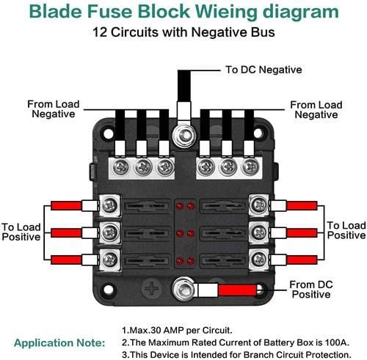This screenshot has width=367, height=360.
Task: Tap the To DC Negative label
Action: coord(264,70)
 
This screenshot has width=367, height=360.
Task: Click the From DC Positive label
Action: coord(311,290)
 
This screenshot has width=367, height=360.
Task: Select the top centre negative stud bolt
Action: coord(184,136)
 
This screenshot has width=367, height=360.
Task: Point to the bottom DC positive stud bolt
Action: coord(183,289)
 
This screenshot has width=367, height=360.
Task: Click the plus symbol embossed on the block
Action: coord(152,288)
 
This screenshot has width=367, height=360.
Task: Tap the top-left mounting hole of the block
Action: coord(109,133)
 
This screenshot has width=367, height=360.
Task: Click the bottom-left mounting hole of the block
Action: coord(109,290)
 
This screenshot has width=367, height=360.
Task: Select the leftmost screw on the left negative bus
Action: coord(121,167)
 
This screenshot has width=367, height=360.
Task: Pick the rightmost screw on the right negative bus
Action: coord(250,167)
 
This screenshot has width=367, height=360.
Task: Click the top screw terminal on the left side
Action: coord(110,205)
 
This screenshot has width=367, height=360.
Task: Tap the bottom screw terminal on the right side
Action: coord(259,260)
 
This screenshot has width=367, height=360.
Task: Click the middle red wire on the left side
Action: coord(66,233)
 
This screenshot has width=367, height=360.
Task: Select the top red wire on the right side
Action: coord(302,206)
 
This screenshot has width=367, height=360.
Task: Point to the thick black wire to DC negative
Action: coord(184,86)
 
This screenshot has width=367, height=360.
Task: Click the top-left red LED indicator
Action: coord(180,206)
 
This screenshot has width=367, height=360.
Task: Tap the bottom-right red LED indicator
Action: coord(191,261)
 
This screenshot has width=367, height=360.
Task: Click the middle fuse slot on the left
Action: coord(147,234)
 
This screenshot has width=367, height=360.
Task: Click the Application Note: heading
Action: coord(59,342)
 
